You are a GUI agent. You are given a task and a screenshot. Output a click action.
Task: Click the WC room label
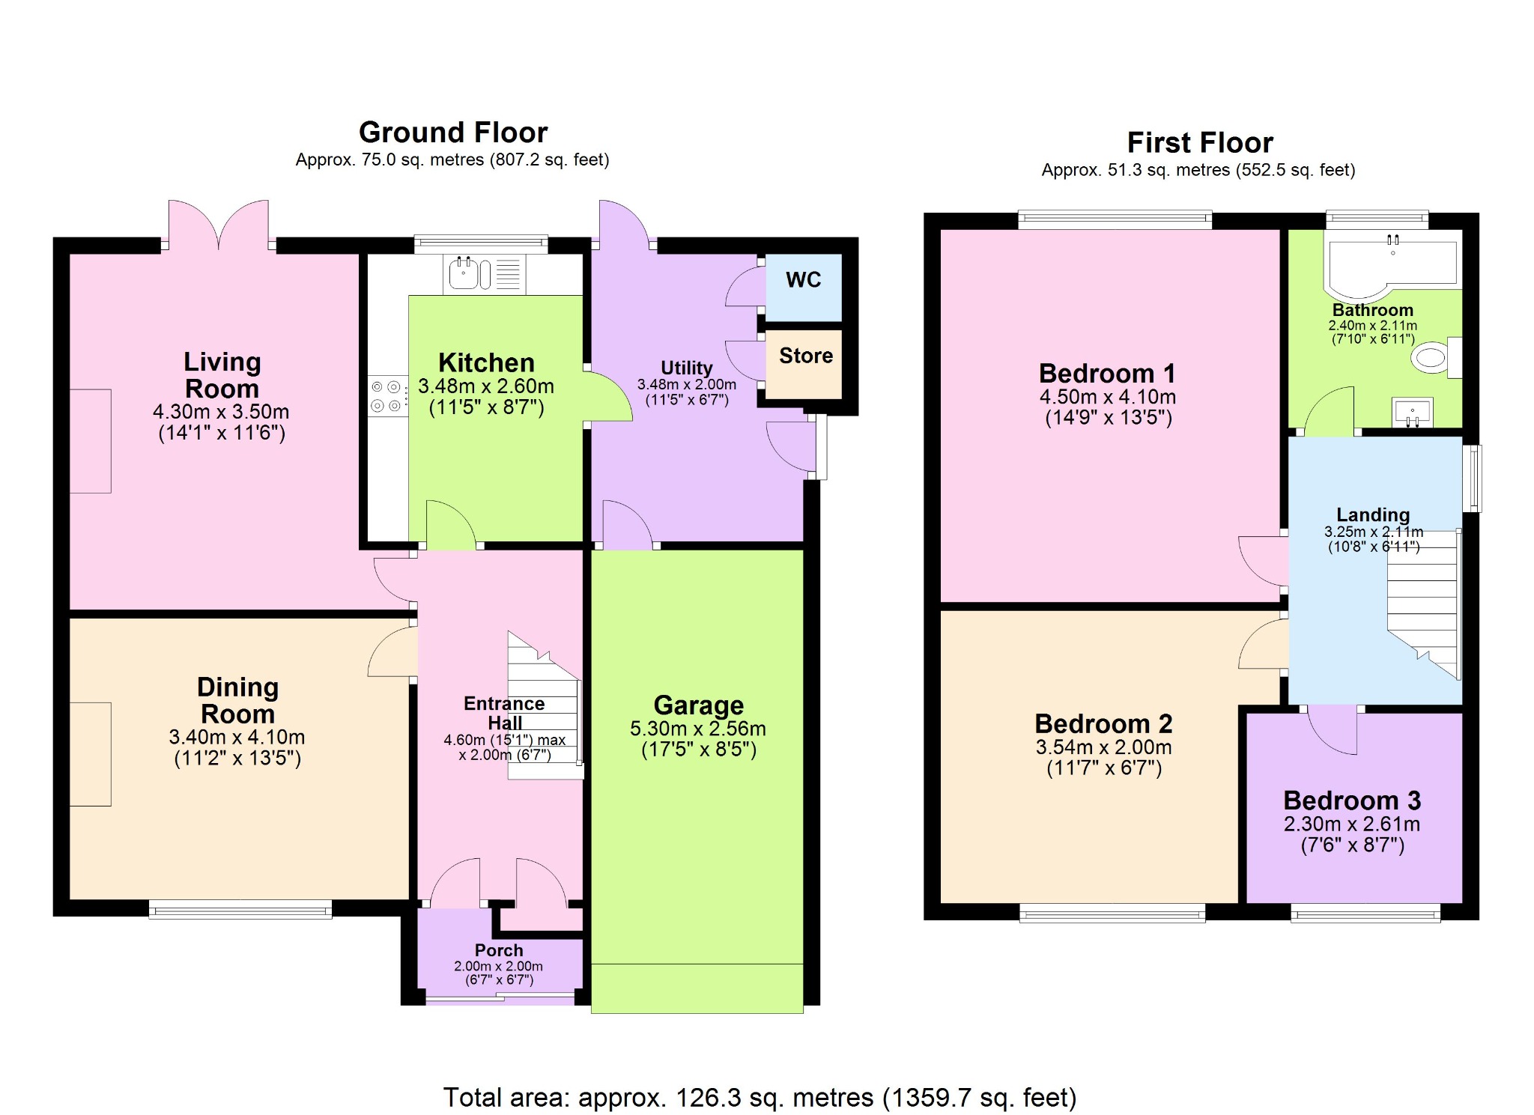tap(803, 280)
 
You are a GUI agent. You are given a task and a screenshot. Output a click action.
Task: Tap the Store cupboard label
tap(805, 356)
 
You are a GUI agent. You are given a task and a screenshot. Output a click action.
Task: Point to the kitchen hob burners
tap(386, 396)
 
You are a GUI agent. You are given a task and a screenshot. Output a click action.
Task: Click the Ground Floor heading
tap(453, 133)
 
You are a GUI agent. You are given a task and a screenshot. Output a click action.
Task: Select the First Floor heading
tap(1199, 142)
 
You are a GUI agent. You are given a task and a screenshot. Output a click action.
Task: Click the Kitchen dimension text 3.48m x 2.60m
tap(486, 386)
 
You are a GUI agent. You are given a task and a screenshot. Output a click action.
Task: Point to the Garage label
tap(698, 705)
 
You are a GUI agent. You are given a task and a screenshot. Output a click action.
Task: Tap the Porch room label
tap(498, 950)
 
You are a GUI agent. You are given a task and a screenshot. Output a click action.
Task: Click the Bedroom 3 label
tap(1352, 800)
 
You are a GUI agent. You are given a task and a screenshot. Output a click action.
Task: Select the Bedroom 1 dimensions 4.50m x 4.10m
tap(1107, 397)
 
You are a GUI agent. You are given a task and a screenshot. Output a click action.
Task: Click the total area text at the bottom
tap(760, 1097)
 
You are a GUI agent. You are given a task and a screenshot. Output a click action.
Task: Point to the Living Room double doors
tap(219, 225)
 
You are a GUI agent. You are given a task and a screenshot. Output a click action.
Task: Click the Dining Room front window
tap(240, 911)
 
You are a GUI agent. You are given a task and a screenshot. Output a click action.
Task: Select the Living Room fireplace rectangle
tap(91, 441)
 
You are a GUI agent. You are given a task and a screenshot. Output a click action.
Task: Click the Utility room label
tap(686, 368)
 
